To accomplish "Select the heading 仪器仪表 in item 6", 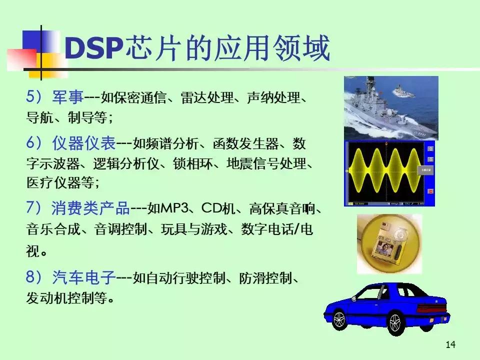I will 84,144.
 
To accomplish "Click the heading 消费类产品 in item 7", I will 90,207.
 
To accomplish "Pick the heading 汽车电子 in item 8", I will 84,276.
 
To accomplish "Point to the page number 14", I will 450,344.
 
